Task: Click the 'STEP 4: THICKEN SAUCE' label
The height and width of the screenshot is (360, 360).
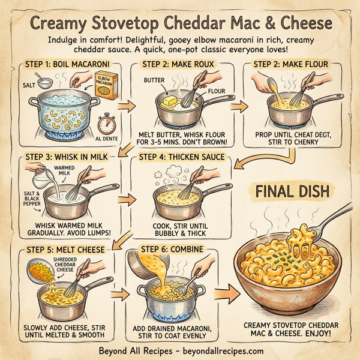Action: [182, 158]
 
